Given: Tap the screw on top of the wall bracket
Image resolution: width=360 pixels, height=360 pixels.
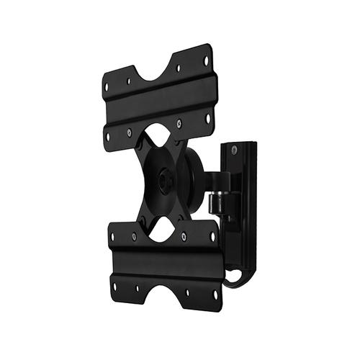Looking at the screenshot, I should tap(233, 150).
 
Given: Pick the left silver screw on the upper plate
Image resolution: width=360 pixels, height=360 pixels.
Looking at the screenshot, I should tap(130, 132).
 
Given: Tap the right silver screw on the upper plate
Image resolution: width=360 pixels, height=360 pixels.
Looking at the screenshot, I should tap(179, 124).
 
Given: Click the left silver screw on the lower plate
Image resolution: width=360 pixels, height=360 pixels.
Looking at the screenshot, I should tap(134, 235).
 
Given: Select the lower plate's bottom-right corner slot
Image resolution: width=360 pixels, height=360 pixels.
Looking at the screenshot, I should tap(215, 294).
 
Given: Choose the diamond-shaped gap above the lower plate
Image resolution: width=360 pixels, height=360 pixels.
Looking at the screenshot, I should tap(165, 226).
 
